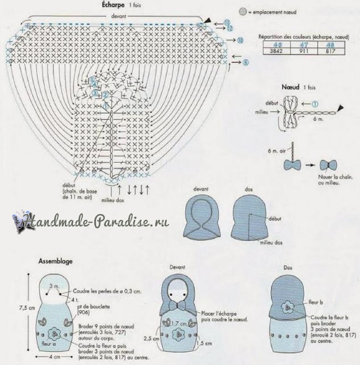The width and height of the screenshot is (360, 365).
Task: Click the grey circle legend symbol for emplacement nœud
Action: (243, 12)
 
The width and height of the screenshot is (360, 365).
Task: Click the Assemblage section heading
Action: (55, 261)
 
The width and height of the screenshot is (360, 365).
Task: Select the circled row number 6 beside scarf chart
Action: (246, 62)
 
